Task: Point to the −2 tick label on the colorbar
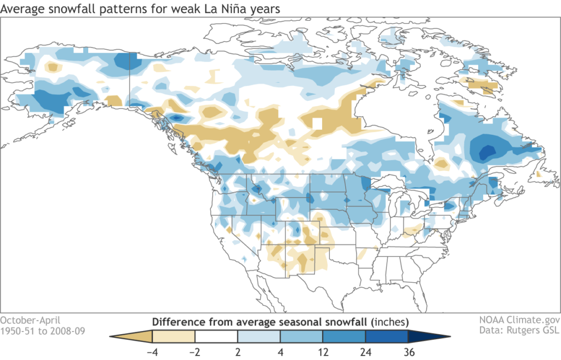194,352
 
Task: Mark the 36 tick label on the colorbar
408,352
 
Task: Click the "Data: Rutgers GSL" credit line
523,331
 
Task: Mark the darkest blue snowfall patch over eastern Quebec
486,150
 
